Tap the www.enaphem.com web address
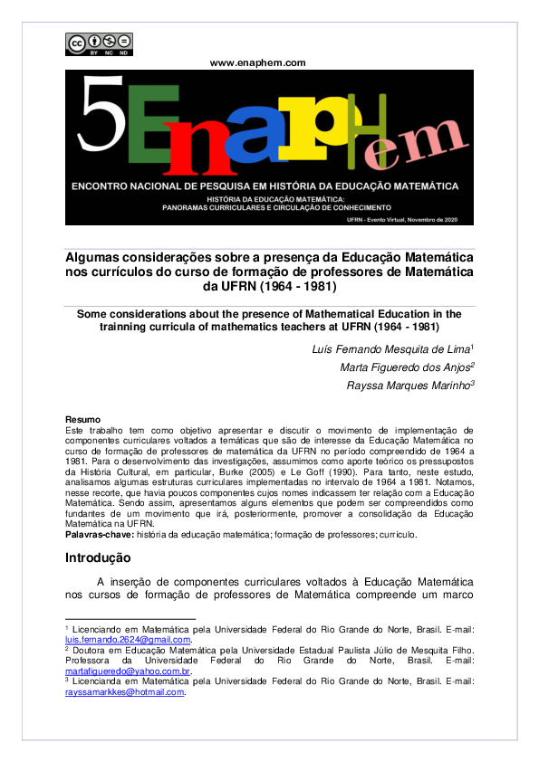click(x=257, y=62)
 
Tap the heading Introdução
click(x=99, y=557)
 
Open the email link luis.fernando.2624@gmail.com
click(x=128, y=640)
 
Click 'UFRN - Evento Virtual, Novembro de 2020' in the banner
click(x=413, y=219)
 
